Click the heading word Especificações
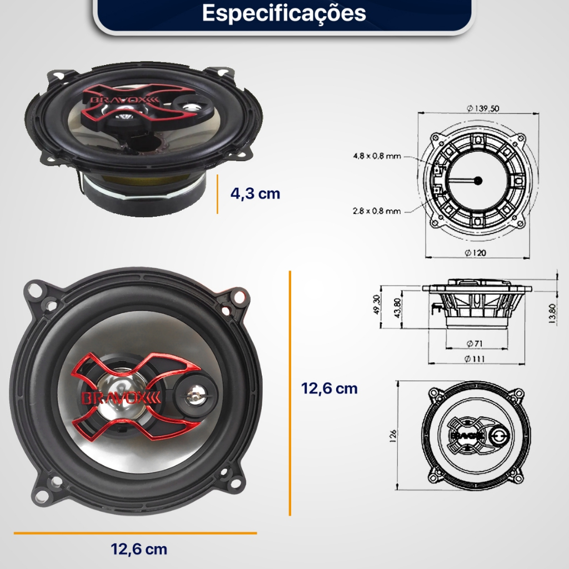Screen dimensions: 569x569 284,13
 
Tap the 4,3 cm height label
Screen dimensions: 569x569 255,193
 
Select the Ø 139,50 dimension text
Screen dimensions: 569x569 482,108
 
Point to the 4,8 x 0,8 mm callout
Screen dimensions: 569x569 377,156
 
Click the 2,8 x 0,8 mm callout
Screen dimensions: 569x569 377,211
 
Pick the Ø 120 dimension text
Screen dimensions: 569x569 475,252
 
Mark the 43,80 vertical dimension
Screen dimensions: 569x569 397,308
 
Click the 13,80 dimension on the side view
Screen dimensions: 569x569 552,313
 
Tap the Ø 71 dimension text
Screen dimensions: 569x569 475,343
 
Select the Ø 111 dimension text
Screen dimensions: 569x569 475,359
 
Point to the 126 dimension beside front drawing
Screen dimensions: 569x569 393,436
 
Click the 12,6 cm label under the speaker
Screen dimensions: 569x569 139,549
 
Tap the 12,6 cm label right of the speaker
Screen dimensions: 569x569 329,388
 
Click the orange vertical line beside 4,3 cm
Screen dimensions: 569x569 217,194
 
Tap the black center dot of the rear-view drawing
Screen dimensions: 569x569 478,181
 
